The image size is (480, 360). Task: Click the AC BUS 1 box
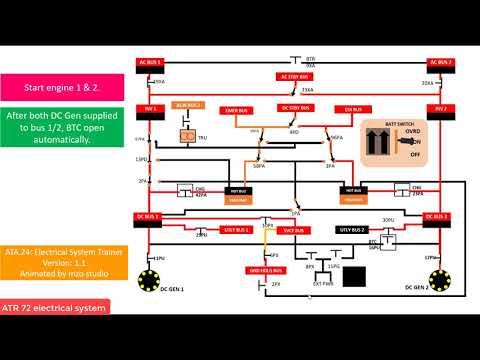pyautogui.click(x=149, y=62)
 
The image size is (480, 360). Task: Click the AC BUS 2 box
pyautogui.click(x=441, y=62)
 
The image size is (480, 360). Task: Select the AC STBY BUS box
pyautogui.click(x=295, y=76)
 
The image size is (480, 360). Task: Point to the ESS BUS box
pyautogui.click(x=353, y=107)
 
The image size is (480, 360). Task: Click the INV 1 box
pyautogui.click(x=151, y=108)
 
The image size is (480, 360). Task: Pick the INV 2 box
pyautogui.click(x=441, y=108)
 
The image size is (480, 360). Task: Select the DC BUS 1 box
pyautogui.click(x=149, y=215)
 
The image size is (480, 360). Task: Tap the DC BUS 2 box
pyautogui.click(x=441, y=215)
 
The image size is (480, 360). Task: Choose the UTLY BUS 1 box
pyautogui.click(x=236, y=229)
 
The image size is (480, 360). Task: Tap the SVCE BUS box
pyautogui.click(x=295, y=229)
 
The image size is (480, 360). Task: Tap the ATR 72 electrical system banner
pyautogui.click(x=55, y=307)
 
